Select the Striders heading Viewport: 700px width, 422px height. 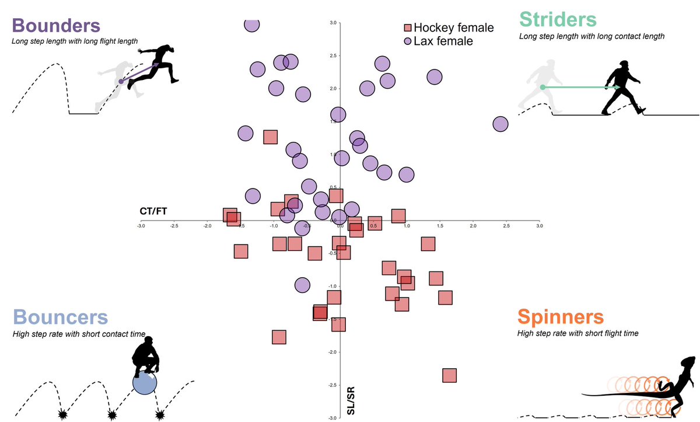coord(558,19)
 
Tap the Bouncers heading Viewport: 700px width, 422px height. coord(60,317)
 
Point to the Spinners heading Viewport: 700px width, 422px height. coord(560,317)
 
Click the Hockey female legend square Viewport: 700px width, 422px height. coord(408,28)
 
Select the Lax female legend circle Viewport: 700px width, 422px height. coord(408,41)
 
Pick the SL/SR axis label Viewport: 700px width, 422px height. coord(351,403)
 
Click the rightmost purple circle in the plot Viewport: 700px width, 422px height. coord(501,124)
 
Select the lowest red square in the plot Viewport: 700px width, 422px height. coord(449,375)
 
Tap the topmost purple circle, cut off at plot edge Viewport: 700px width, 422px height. coord(252,24)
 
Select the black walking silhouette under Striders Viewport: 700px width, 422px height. coord(623,88)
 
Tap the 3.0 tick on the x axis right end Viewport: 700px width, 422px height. coord(539,225)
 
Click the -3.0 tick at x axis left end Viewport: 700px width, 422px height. coord(141,225)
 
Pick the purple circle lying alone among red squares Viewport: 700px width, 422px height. coord(302,285)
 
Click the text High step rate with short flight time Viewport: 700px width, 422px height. coord(577,333)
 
